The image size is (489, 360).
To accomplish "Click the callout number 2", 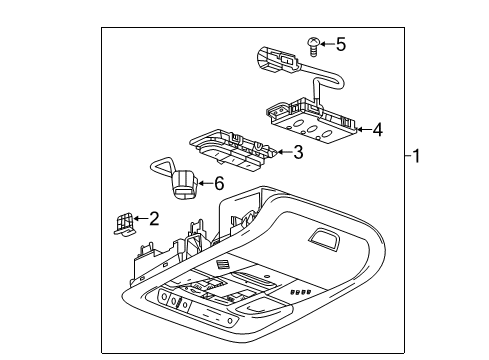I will [154, 218].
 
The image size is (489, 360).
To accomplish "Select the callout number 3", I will [297, 152].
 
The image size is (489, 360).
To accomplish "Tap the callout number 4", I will [376, 128].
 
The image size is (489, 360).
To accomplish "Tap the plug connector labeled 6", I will [182, 184].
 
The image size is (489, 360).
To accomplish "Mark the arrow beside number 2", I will [141, 218].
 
